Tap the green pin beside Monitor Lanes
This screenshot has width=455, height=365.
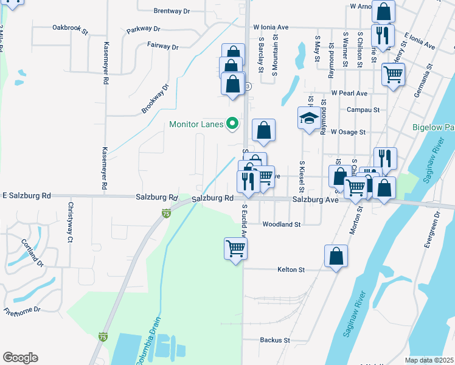232,124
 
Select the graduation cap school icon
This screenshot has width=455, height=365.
309,118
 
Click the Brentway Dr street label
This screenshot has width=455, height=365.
172,11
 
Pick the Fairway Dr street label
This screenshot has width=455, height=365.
162,46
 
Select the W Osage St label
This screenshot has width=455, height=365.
348,131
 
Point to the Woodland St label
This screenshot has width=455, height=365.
282,224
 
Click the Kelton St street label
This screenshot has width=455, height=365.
290,269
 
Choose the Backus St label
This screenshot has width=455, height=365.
275,340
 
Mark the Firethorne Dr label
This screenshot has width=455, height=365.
21,310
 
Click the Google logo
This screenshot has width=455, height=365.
20,358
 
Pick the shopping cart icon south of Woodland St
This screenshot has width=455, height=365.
235,248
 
